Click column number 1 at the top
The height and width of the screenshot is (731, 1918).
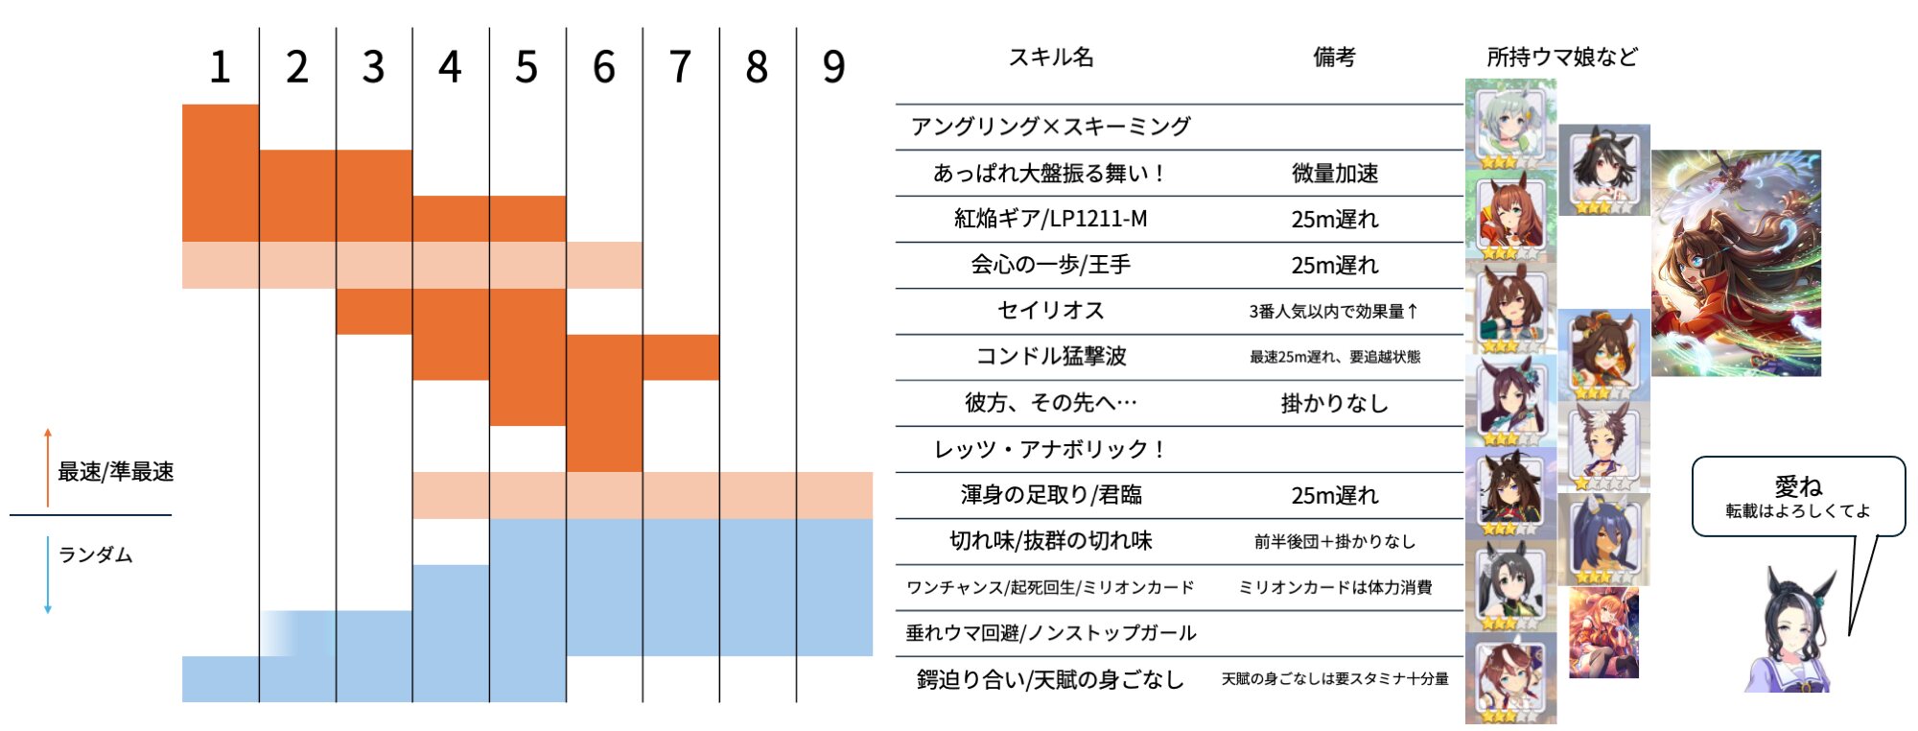pyautogui.click(x=220, y=67)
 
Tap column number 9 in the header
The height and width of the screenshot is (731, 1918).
pyautogui.click(x=833, y=67)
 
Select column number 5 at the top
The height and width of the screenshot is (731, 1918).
pyautogui.click(x=526, y=67)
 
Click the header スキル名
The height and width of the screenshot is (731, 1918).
pyautogui.click(x=1050, y=58)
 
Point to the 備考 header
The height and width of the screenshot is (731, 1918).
pyautogui.click(x=1334, y=58)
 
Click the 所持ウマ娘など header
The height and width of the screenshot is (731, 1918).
pyautogui.click(x=1561, y=58)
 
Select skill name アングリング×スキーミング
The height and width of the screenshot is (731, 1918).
pyautogui.click(x=1050, y=127)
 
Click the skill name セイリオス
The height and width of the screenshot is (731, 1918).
pyautogui.click(x=1050, y=311)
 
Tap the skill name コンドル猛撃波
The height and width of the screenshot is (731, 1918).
pyautogui.click(x=1050, y=357)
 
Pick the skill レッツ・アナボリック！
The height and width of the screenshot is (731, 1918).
pyautogui.click(x=1050, y=449)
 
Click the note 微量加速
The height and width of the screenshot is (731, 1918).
pyautogui.click(x=1334, y=174)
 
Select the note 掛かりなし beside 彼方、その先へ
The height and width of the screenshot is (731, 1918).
pyautogui.click(x=1334, y=404)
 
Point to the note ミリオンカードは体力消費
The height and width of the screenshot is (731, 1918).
pyautogui.click(x=1334, y=587)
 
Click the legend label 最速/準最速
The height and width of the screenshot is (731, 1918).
pyautogui.click(x=115, y=472)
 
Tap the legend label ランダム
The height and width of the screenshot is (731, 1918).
pyautogui.click(x=95, y=555)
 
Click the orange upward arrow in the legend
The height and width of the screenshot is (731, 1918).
pyautogui.click(x=48, y=467)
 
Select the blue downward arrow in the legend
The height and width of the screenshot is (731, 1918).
pyautogui.click(x=48, y=575)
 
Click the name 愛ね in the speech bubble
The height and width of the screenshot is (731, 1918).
pyautogui.click(x=1797, y=486)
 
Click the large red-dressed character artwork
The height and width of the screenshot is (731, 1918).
pyautogui.click(x=1736, y=263)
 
